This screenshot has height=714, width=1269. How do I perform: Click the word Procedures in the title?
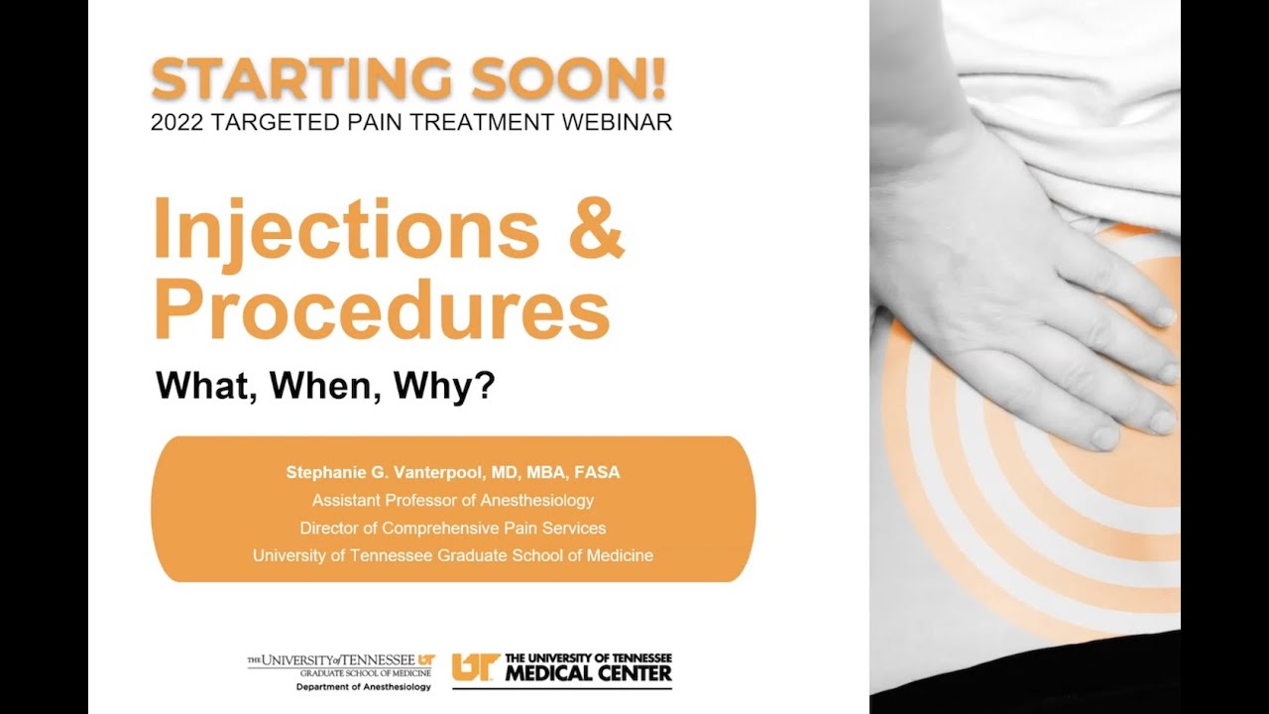(x=382, y=308)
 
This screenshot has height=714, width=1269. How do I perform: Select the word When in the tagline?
(x=329, y=386)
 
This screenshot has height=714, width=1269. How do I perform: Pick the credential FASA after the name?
(x=596, y=472)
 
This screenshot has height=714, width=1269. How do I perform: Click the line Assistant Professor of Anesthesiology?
(x=453, y=500)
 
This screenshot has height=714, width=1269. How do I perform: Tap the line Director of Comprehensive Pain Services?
(x=453, y=528)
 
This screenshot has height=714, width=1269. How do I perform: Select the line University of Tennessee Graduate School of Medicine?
(x=453, y=555)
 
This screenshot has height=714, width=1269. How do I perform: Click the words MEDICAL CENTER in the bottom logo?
(x=588, y=675)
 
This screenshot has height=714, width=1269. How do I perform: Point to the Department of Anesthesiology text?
(x=363, y=686)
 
